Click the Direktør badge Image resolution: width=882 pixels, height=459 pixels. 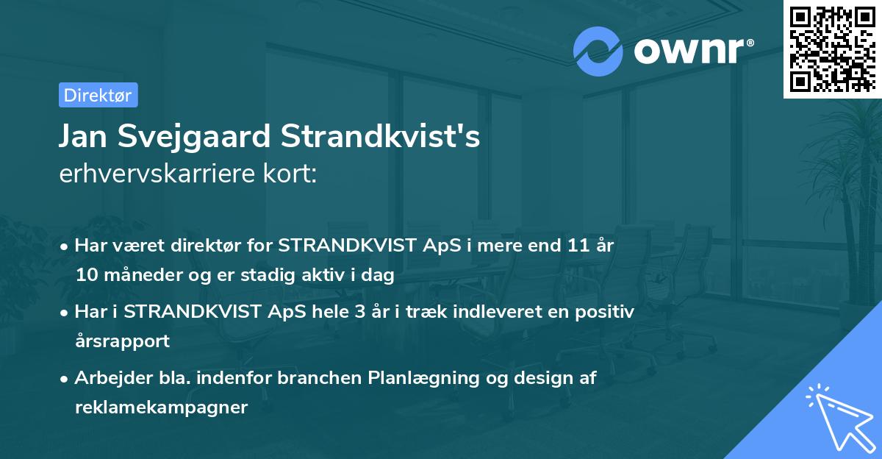(98, 95)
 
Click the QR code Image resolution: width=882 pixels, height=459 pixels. (831, 49)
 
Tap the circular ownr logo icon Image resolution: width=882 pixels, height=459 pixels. (598, 51)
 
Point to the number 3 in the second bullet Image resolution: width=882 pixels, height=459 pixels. (359, 311)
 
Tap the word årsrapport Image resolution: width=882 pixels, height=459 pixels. (122, 341)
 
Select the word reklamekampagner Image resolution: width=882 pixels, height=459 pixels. (161, 407)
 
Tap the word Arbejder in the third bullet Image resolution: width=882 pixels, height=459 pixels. (107, 377)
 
